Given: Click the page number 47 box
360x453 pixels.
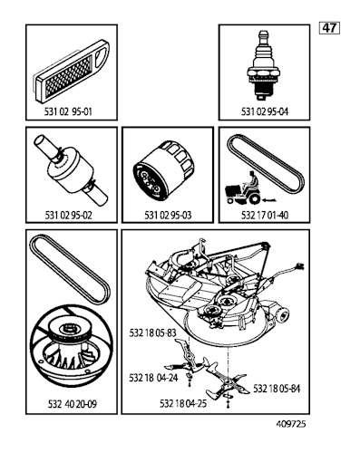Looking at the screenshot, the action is pyautogui.click(x=329, y=28).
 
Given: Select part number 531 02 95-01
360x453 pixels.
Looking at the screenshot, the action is pyautogui.click(x=68, y=111).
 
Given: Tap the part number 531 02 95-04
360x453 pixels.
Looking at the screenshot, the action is pyautogui.click(x=265, y=111).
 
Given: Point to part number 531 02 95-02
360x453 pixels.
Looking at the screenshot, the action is pyautogui.click(x=68, y=216).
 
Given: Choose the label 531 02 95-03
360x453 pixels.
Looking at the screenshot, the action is pyautogui.click(x=168, y=216).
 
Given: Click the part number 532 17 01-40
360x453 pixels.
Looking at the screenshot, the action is pyautogui.click(x=265, y=216).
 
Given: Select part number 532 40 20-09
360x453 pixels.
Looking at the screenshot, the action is pyautogui.click(x=73, y=404).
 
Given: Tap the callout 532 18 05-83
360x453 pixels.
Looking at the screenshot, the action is pyautogui.click(x=152, y=333).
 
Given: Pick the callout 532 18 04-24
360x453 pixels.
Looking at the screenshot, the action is pyautogui.click(x=153, y=378).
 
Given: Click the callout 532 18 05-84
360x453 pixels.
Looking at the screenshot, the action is pyautogui.click(x=277, y=389).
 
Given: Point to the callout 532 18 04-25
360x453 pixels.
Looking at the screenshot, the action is pyautogui.click(x=183, y=403).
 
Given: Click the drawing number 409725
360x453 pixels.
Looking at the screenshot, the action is pyautogui.click(x=291, y=424).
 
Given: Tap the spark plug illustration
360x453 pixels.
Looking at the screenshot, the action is pyautogui.click(x=262, y=65).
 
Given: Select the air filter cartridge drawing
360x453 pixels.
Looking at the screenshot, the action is pyautogui.click(x=73, y=71).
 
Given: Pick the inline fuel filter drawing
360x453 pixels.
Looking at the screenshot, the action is pyautogui.click(x=71, y=171).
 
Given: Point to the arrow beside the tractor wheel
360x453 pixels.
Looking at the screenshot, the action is pyautogui.click(x=269, y=199).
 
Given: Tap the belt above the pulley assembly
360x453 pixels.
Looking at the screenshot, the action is pyautogui.click(x=69, y=269).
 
